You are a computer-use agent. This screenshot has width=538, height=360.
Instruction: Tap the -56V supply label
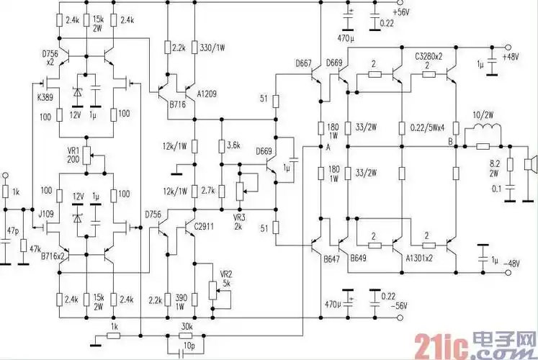(398, 307)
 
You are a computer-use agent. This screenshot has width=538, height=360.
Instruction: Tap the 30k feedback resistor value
(186, 325)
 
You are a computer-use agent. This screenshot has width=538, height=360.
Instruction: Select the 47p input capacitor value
(12, 230)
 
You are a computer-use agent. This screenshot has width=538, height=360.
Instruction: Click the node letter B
(450, 141)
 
